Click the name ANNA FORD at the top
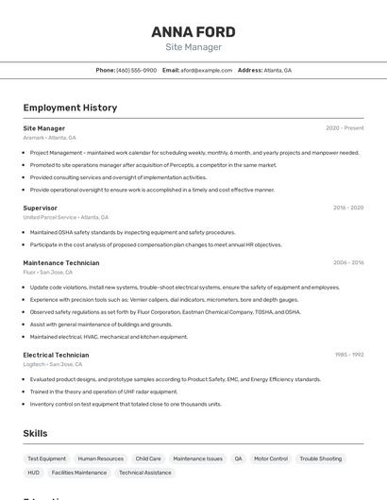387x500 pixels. [x=193, y=31]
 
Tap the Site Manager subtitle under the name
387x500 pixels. [x=193, y=47]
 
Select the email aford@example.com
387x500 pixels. [x=206, y=70]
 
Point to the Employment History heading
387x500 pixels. [x=70, y=108]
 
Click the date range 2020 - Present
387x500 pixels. [x=345, y=127]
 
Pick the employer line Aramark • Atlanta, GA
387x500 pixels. [x=49, y=138]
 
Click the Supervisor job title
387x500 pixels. [x=40, y=208]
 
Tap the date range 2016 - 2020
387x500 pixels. [x=347, y=208]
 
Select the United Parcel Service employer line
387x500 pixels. [x=66, y=217]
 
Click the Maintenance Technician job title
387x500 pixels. [x=60, y=262]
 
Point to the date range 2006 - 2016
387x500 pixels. [x=347, y=262]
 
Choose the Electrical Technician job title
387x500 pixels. [x=56, y=355]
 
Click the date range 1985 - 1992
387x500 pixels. [x=348, y=355]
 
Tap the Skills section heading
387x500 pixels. [x=35, y=433]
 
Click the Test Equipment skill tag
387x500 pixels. [x=46, y=458]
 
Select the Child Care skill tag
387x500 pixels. [x=148, y=458]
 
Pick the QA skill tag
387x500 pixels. [x=239, y=458]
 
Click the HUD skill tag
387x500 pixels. [x=33, y=473]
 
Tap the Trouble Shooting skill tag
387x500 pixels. [x=321, y=458]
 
